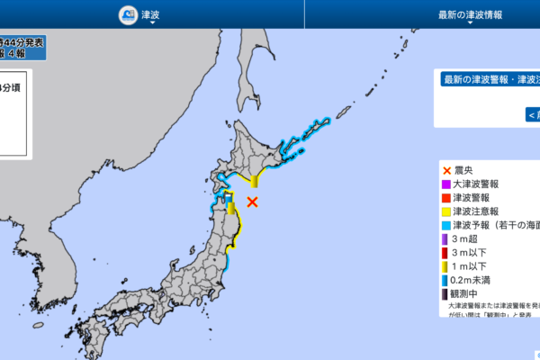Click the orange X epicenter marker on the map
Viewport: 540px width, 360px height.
point(253,202)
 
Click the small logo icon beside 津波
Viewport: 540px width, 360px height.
point(126,15)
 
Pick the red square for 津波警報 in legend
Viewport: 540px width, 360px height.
point(446,197)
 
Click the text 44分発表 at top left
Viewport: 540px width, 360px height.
point(20,42)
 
